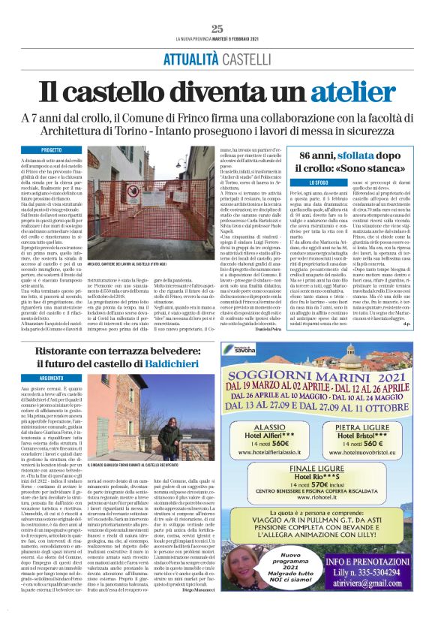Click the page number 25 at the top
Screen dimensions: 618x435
tap(217, 29)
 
